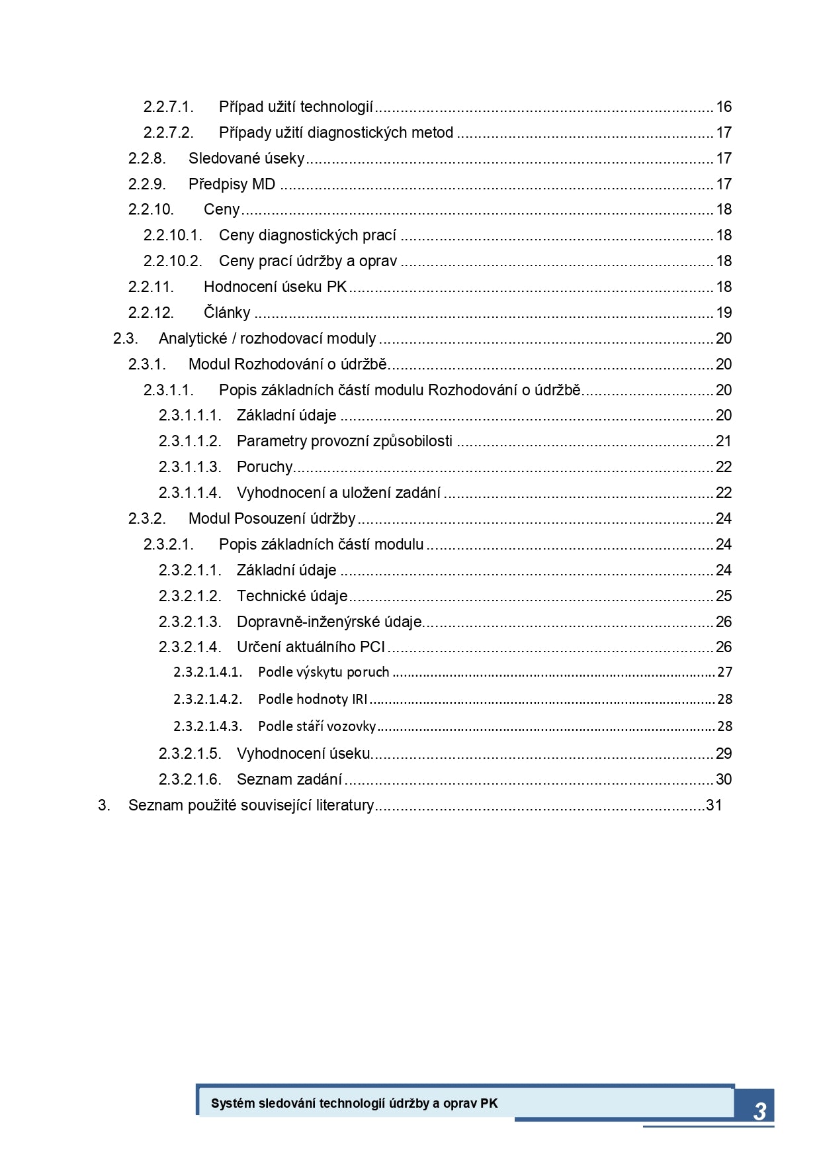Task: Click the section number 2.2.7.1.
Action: (x=168, y=107)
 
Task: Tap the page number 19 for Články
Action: (x=724, y=313)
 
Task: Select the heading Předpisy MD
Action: (x=232, y=184)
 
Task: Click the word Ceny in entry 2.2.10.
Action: (x=222, y=210)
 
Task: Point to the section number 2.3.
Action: (x=125, y=338)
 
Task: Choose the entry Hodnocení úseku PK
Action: (x=275, y=287)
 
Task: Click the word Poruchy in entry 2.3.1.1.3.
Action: (x=265, y=467)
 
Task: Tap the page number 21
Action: (x=724, y=441)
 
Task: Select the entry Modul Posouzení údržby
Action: (x=272, y=518)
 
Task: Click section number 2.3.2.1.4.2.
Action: (x=208, y=699)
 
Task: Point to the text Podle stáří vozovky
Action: (x=317, y=726)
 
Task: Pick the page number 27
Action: (x=725, y=672)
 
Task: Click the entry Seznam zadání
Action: (x=289, y=779)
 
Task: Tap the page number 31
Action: (x=714, y=805)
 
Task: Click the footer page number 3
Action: (x=759, y=1111)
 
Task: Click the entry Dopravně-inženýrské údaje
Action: (x=329, y=622)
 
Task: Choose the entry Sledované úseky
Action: (x=246, y=158)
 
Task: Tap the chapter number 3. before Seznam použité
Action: (x=104, y=805)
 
